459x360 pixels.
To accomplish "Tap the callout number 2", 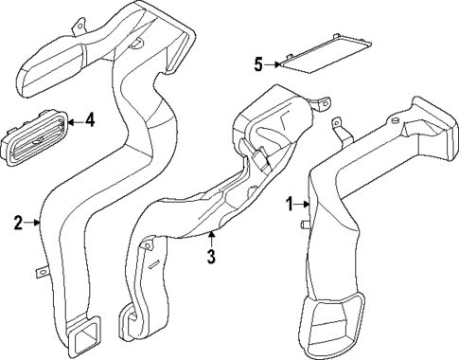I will (x=17, y=223).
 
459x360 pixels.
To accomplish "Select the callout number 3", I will (x=212, y=256).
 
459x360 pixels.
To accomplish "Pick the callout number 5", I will (x=257, y=64).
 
